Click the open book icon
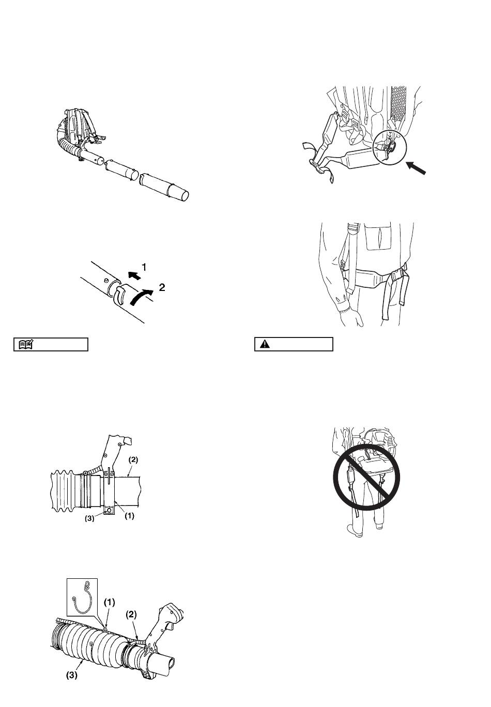[x=25, y=344]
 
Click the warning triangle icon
[x=265, y=344]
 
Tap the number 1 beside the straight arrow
[x=144, y=268]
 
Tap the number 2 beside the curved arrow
[x=162, y=287]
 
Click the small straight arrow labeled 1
[x=134, y=275]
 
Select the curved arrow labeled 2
[x=141, y=297]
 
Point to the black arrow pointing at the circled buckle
[x=416, y=167]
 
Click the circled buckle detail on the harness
[x=389, y=147]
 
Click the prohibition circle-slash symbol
[x=366, y=477]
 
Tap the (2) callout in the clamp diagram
[x=133, y=460]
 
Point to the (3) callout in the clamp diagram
[x=89, y=518]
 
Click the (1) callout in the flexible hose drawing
[x=110, y=603]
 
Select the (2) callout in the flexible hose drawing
[x=131, y=614]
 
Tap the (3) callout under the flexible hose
[x=72, y=675]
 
